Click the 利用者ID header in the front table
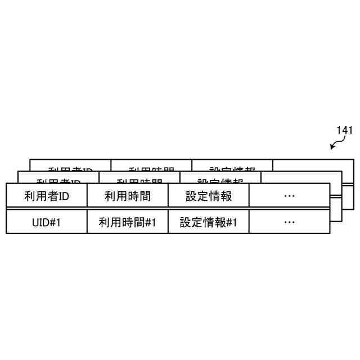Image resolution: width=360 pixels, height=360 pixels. [x=46, y=196]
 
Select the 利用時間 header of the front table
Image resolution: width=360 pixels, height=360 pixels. [x=127, y=196]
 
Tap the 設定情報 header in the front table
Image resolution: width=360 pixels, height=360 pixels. [x=209, y=196]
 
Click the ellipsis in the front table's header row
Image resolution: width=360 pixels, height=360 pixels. [x=289, y=196]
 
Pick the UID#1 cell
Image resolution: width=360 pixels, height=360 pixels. [x=46, y=222]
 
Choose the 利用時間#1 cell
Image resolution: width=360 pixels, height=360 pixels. [x=127, y=222]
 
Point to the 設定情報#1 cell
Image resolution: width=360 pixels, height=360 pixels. [x=209, y=222]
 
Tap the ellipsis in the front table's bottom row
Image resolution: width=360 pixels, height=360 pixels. [x=289, y=222]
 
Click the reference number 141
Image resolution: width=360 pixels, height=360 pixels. [x=344, y=130]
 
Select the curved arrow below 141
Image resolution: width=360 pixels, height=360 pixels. [x=336, y=145]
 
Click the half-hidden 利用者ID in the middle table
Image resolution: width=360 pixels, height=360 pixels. [x=58, y=181]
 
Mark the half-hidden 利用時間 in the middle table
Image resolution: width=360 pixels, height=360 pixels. [x=139, y=181]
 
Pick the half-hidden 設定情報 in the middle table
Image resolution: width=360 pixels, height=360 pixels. [x=220, y=181]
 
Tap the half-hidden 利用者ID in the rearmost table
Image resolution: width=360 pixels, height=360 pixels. [x=70, y=169]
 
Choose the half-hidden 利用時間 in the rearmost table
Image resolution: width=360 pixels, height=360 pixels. [x=151, y=169]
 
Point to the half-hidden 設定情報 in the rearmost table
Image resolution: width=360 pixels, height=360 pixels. [x=232, y=169]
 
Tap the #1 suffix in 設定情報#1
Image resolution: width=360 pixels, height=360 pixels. [x=231, y=222]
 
